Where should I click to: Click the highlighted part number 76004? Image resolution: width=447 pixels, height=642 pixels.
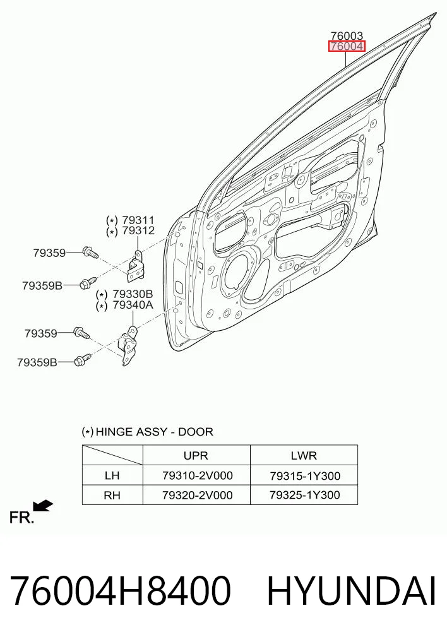pyautogui.click(x=347, y=47)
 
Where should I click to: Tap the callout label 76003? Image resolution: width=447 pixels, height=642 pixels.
pyautogui.click(x=347, y=36)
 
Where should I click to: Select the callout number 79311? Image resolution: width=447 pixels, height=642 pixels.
pyautogui.click(x=138, y=220)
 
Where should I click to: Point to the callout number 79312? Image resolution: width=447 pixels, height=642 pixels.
pyautogui.click(x=138, y=231)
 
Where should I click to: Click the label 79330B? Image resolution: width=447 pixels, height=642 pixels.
pyautogui.click(x=133, y=294)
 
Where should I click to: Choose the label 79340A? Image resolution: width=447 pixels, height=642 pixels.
pyautogui.click(x=133, y=305)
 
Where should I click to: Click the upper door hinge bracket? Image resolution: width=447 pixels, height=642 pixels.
pyautogui.click(x=135, y=267)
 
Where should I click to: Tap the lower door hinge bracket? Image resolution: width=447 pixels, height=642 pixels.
pyautogui.click(x=128, y=345)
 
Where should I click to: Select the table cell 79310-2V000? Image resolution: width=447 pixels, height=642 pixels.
pyautogui.click(x=198, y=475)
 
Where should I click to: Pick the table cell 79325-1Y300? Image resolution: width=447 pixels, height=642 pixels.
pyautogui.click(x=304, y=495)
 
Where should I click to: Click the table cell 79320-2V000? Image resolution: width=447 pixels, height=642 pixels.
pyautogui.click(x=198, y=495)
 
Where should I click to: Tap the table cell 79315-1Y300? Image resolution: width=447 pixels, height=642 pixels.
pyautogui.click(x=304, y=476)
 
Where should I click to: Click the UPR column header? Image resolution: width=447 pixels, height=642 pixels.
pyautogui.click(x=196, y=455)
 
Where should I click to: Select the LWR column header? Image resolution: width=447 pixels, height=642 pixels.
pyautogui.click(x=304, y=455)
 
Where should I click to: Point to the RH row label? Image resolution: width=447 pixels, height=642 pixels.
pyautogui.click(x=112, y=496)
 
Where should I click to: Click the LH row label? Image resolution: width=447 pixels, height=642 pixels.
pyautogui.click(x=112, y=475)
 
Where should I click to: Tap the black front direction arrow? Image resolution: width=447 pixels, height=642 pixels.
pyautogui.click(x=43, y=506)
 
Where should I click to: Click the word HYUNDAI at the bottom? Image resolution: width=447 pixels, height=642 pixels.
pyautogui.click(x=351, y=591)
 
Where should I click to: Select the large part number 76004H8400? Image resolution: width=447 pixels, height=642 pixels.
pyautogui.click(x=120, y=591)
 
